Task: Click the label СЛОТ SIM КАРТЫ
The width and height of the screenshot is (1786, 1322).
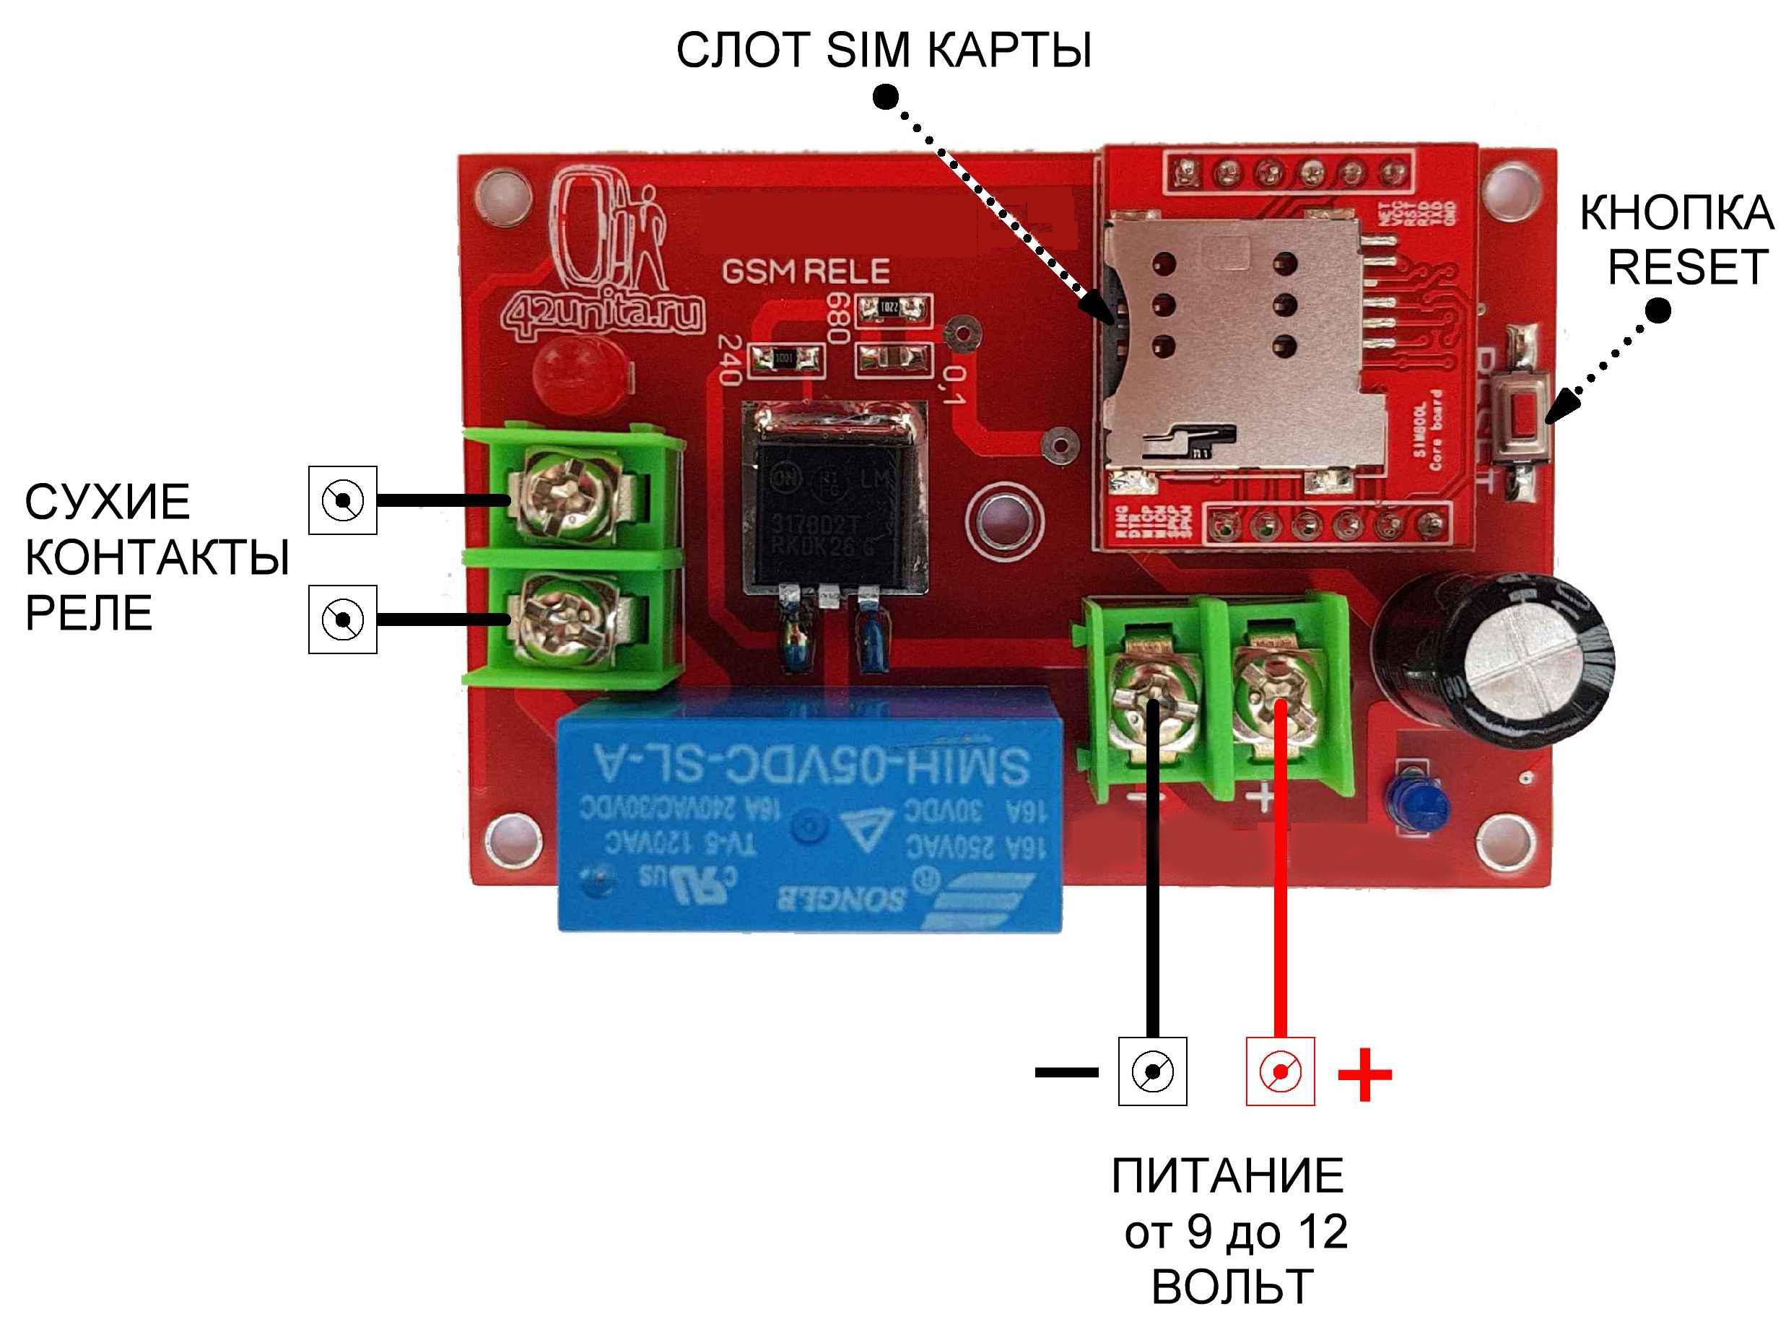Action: [884, 51]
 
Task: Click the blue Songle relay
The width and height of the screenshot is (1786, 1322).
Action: [809, 808]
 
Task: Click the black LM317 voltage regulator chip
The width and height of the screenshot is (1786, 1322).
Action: [835, 512]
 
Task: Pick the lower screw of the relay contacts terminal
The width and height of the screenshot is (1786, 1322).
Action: [565, 620]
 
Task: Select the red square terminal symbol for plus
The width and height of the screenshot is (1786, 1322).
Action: [1279, 1071]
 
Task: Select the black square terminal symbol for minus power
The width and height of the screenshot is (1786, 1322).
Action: [1152, 1071]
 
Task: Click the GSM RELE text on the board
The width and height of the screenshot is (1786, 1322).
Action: [806, 272]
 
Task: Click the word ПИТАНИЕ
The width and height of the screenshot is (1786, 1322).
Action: [1227, 1175]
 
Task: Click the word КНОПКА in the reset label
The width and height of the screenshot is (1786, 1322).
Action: [1676, 213]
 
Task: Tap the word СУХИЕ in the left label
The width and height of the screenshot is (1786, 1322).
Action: [108, 502]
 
